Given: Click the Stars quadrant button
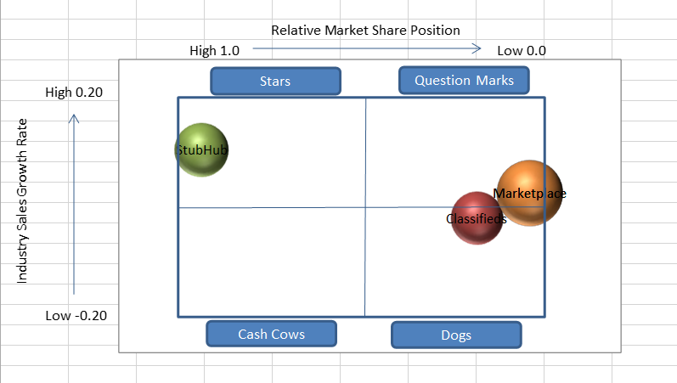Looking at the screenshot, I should (x=275, y=82).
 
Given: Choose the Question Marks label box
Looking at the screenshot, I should (x=464, y=81).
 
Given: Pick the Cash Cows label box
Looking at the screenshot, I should (x=272, y=334).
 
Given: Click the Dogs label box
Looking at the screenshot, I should (x=456, y=335).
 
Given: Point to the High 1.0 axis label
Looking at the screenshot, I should (x=214, y=51).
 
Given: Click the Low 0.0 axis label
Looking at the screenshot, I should (x=522, y=51).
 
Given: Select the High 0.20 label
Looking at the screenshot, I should (x=74, y=93).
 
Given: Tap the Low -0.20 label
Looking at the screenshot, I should (x=76, y=316).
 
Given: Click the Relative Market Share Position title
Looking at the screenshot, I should (x=366, y=31).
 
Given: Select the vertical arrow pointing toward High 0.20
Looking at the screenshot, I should (x=74, y=204).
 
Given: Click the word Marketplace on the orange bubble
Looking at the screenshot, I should (x=530, y=194).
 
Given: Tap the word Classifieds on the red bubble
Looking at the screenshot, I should (x=477, y=219).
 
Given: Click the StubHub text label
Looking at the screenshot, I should (x=202, y=150).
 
